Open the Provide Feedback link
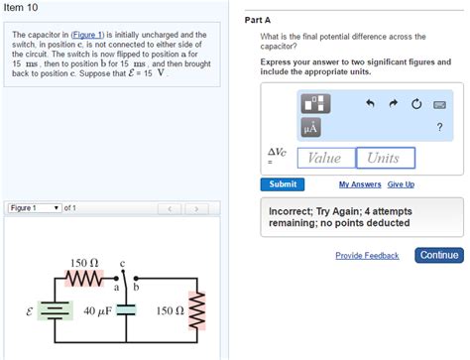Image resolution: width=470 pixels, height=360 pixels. point(367,256)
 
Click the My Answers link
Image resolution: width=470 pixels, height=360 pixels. point(360,184)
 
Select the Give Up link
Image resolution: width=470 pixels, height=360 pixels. point(401,184)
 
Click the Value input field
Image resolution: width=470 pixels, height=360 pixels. point(325,158)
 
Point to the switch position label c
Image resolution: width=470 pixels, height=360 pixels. point(122,264)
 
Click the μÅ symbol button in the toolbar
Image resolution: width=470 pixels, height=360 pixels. point(312,126)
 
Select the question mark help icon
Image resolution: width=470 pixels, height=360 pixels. point(439,126)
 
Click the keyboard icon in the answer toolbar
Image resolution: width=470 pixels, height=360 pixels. point(439,104)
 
